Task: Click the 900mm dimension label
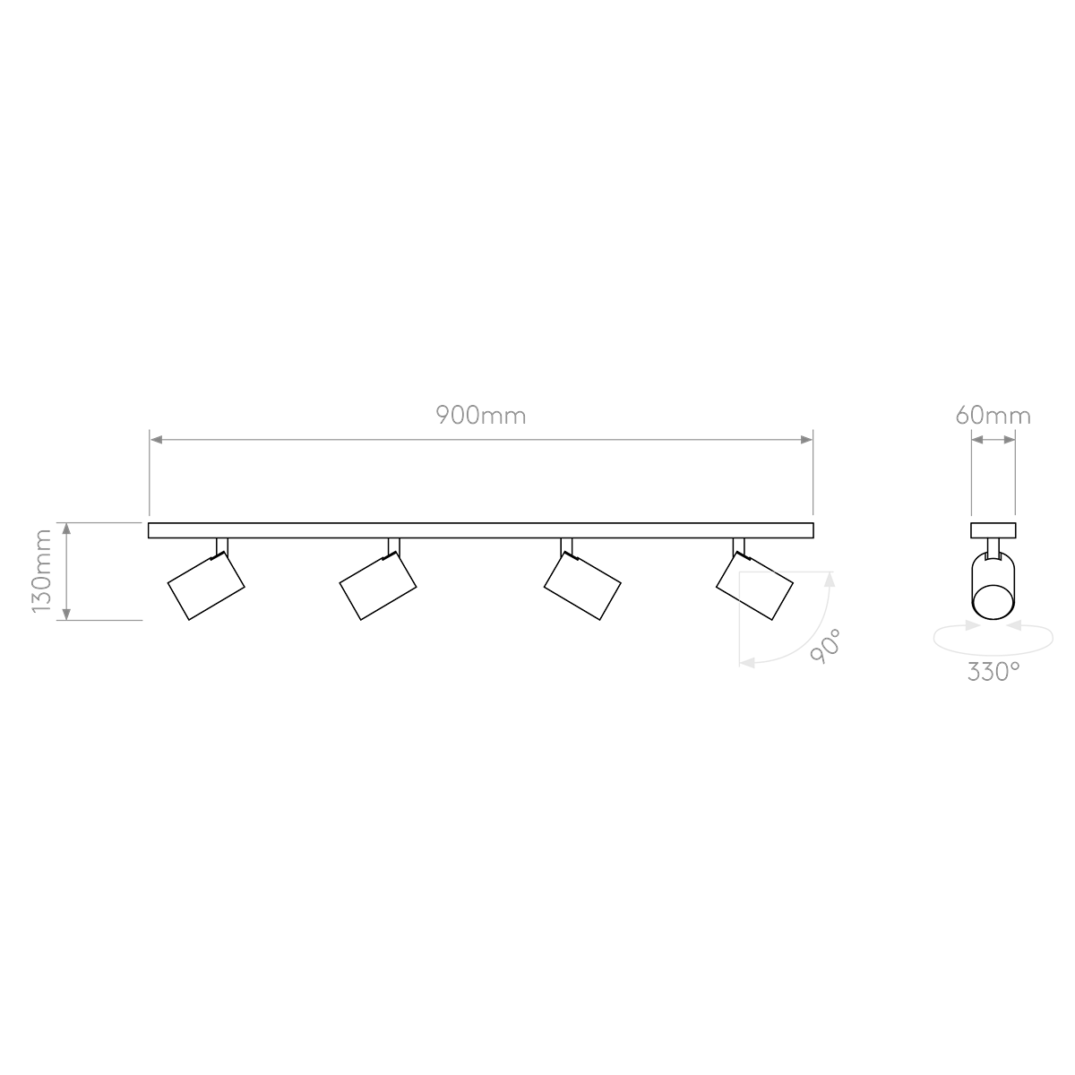point(480,416)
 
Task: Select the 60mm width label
point(993,416)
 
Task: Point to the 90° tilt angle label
point(825,645)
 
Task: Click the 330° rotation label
point(993,671)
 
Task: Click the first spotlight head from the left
point(206,587)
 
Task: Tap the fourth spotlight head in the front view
point(754,587)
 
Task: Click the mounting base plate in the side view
point(993,529)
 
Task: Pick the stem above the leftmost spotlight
point(221,546)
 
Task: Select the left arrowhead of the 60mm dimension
point(979,439)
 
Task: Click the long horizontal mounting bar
point(480,530)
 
